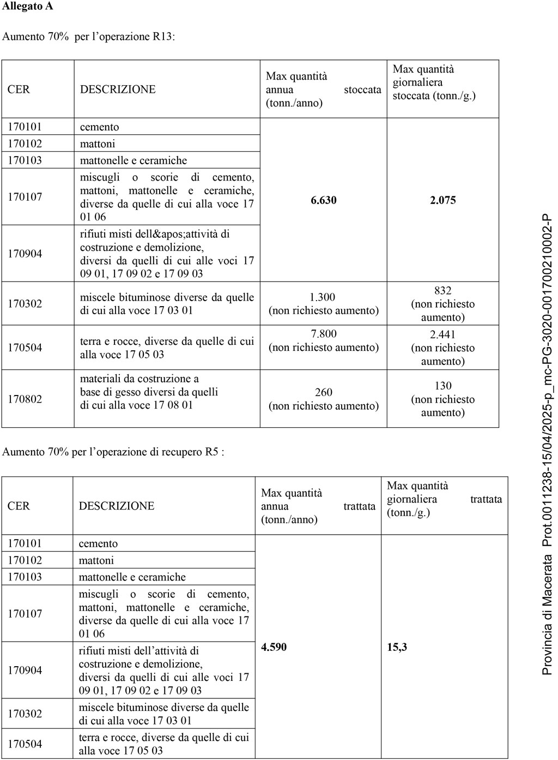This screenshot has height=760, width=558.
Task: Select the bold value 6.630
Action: (324, 200)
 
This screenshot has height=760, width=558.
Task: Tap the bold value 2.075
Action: (442, 200)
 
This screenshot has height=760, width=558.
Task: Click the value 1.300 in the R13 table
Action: (323, 297)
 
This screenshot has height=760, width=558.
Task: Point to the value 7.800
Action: (323, 334)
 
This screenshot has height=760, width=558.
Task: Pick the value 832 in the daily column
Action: (442, 291)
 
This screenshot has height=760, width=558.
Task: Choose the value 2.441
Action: (442, 334)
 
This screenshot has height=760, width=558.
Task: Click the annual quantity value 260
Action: (323, 393)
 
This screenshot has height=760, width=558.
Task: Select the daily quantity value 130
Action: (442, 386)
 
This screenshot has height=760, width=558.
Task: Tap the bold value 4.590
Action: (274, 647)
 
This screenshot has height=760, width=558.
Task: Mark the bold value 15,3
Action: (397, 647)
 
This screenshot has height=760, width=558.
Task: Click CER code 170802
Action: (25, 399)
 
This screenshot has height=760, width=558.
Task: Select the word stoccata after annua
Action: (362, 89)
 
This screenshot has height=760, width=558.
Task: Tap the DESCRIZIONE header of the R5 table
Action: (117, 506)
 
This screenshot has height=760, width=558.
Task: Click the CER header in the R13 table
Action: (19, 89)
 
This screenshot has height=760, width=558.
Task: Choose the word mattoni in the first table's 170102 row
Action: (98, 143)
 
